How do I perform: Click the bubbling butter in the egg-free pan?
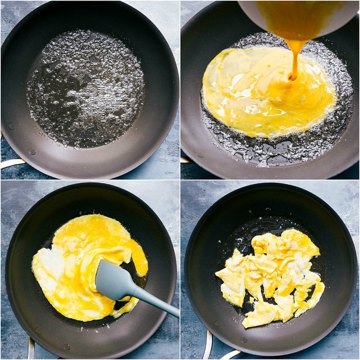(x=85, y=88)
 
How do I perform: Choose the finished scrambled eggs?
(x=270, y=274)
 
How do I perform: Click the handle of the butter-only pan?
(x=11, y=163)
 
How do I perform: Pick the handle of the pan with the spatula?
(x=31, y=348)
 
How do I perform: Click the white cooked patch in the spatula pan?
(x=49, y=265)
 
